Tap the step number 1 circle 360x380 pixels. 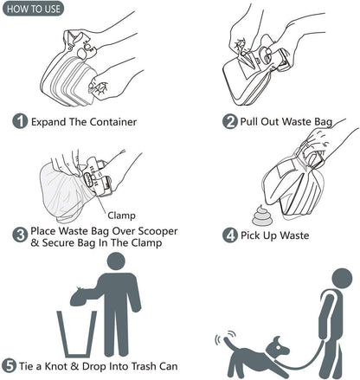coord(19,121)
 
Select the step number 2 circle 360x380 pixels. coord(229,121)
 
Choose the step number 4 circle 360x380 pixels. coord(229,235)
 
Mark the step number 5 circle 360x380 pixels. coord(10,365)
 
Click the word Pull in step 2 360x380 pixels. coord(253,121)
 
